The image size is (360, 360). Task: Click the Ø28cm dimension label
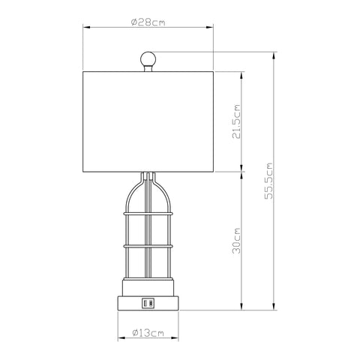coord(148,22)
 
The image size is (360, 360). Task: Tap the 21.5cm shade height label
coord(236,121)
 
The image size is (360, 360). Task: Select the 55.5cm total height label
coord(269,181)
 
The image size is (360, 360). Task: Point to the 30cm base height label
coord(236,241)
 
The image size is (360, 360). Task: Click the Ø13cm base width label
coord(148,333)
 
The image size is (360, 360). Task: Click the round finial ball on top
coord(148,59)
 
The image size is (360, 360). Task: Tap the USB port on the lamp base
coord(148,303)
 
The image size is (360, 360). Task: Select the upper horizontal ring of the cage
coord(148,214)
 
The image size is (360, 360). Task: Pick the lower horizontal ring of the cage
coord(148,246)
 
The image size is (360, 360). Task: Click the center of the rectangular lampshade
coord(148,121)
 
